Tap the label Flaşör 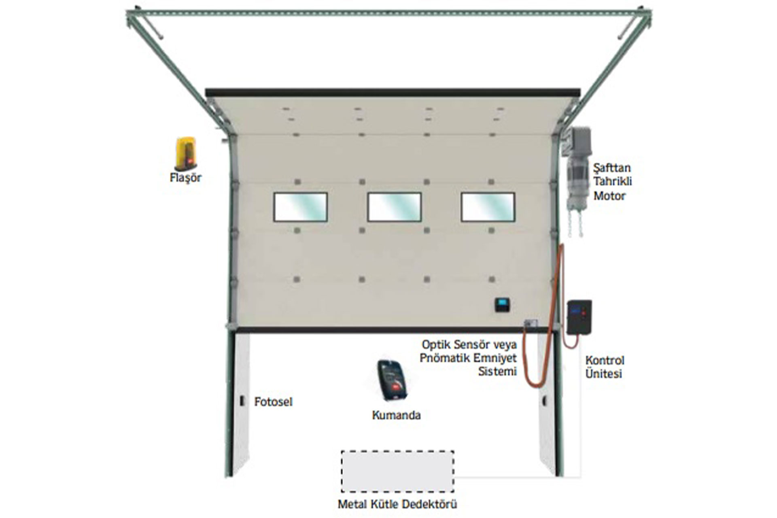point(186,178)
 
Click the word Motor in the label point(609,196)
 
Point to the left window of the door point(301,207)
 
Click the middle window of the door point(395,207)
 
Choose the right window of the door point(488,207)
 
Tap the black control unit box point(579,317)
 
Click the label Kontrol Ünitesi point(605,367)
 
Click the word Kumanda point(396,415)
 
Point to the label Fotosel point(273,402)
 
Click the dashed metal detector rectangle point(397,451)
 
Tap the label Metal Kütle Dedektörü point(397,505)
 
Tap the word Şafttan point(612,168)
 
